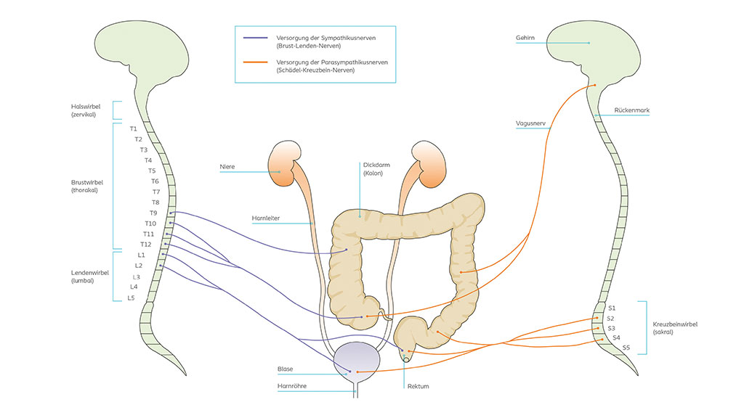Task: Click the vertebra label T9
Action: [153, 213]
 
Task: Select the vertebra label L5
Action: [131, 298]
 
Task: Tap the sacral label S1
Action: [612, 308]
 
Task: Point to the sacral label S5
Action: [626, 348]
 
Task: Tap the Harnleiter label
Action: [267, 218]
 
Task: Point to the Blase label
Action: [285, 369]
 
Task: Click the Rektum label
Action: [418, 386]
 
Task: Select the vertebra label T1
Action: [134, 129]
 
